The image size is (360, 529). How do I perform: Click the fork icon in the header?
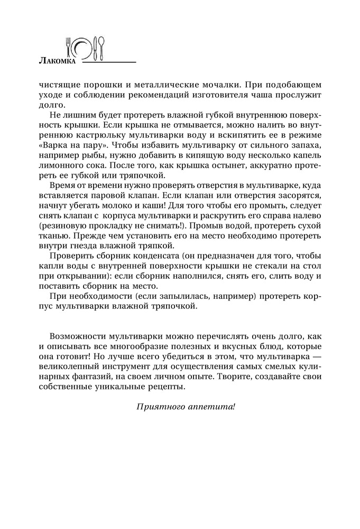point(68,48)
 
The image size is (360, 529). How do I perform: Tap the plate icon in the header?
point(82,49)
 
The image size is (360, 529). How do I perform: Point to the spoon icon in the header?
point(102,47)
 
